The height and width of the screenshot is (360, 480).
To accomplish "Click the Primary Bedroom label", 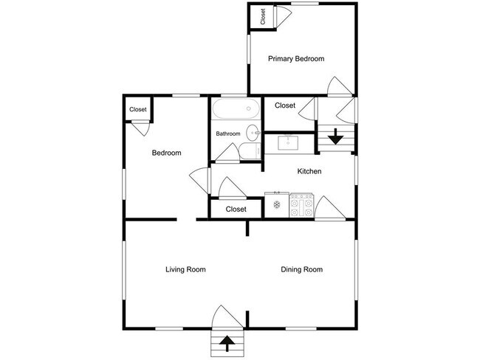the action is point(296,58).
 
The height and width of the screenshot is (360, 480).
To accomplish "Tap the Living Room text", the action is point(185,269).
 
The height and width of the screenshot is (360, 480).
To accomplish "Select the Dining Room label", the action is point(301,269).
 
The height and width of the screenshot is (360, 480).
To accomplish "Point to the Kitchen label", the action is point(309,171).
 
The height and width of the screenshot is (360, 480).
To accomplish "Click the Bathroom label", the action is point(228,134).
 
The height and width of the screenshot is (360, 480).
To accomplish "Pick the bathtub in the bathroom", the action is point(236,108).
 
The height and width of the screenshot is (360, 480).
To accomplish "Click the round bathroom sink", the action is point(253,133).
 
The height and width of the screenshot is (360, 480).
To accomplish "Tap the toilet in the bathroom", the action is point(250,150).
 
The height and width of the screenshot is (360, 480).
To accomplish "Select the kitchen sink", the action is point(288,143).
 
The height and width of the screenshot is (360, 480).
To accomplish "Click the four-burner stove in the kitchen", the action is point(301,205).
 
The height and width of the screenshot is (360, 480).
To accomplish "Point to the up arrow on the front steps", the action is point(227,344).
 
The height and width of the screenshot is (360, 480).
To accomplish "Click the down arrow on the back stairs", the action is point(336,136).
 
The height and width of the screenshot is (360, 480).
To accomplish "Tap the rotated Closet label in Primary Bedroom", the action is point(263,16).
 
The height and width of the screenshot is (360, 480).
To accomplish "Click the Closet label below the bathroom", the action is point(236,210).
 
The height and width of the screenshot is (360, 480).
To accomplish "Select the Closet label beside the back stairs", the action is point(285,105).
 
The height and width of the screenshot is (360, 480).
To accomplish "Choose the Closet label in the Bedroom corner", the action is point(138,109).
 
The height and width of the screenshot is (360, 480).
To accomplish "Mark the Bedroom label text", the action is point(167,153).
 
